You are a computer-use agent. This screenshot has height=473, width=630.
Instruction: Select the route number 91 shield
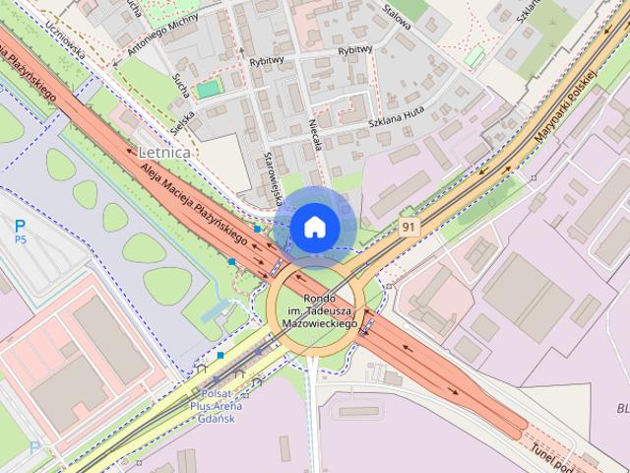click(x=408, y=227)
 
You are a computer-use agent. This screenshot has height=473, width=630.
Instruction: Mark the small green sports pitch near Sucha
click(x=209, y=89)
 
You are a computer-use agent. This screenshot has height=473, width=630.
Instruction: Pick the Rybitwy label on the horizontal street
click(x=355, y=50)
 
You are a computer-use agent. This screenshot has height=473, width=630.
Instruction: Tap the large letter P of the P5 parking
click(x=20, y=226)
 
